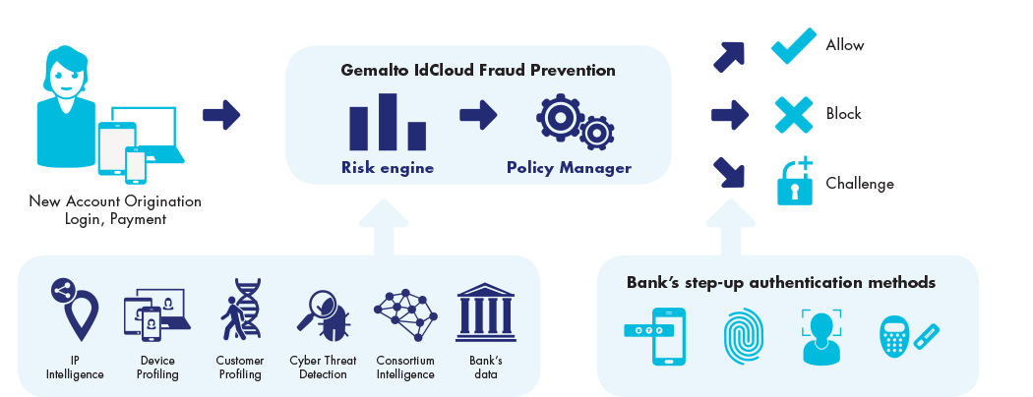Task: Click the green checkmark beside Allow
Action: (793, 47)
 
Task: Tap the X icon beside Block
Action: (793, 115)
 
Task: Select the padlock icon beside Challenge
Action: (795, 183)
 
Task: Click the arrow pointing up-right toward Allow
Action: (729, 57)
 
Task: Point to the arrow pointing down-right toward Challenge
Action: (729, 173)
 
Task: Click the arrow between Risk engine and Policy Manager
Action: (478, 115)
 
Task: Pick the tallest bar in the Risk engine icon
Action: (388, 122)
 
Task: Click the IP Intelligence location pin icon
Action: (75, 310)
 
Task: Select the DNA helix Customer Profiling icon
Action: (240, 309)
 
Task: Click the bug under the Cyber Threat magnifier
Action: (334, 321)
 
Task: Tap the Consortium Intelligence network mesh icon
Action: (405, 313)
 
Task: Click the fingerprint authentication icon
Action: (743, 336)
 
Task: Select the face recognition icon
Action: (820, 336)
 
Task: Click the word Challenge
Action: (860, 184)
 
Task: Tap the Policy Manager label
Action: (570, 168)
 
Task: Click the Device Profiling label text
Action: (158, 368)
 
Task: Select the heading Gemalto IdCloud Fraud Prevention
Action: (478, 70)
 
